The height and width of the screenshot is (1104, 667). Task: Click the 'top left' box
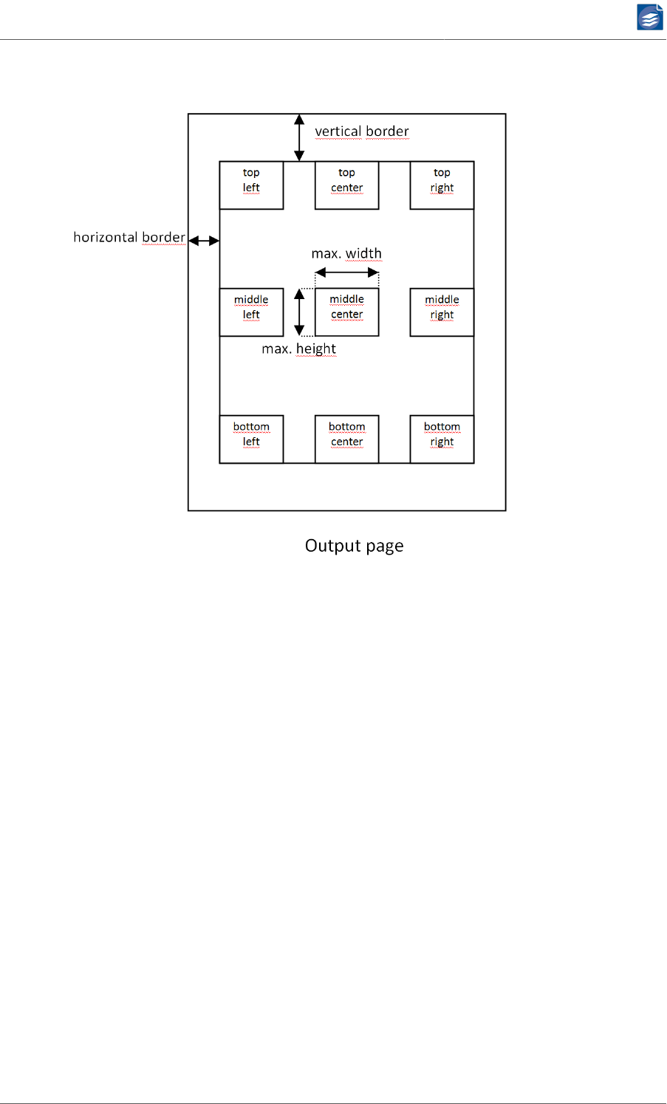pyautogui.click(x=251, y=185)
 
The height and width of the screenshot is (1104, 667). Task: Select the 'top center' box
pyautogui.click(x=346, y=185)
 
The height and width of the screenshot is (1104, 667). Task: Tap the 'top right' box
pyautogui.click(x=442, y=185)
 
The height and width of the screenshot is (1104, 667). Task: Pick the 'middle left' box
pyautogui.click(x=251, y=312)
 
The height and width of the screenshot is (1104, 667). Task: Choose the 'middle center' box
pyautogui.click(x=346, y=312)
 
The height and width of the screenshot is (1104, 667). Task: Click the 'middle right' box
pyautogui.click(x=442, y=312)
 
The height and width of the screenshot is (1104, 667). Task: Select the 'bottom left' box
pyautogui.click(x=251, y=439)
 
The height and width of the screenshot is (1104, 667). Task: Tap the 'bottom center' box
pyautogui.click(x=346, y=439)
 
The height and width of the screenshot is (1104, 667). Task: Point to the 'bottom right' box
pyautogui.click(x=442, y=439)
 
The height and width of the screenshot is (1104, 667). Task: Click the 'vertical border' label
pyautogui.click(x=361, y=131)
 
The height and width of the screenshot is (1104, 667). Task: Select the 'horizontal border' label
pyautogui.click(x=129, y=237)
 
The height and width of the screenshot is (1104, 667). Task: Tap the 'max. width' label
pyautogui.click(x=346, y=253)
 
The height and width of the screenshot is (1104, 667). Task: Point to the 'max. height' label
pyautogui.click(x=298, y=349)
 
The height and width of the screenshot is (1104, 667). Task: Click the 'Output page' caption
pyautogui.click(x=354, y=546)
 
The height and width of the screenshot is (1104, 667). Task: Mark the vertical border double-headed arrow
pyautogui.click(x=299, y=137)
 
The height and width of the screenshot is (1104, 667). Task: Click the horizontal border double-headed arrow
pyautogui.click(x=204, y=241)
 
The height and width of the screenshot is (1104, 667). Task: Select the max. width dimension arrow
pyautogui.click(x=346, y=272)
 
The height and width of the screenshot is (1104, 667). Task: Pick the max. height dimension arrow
pyautogui.click(x=299, y=312)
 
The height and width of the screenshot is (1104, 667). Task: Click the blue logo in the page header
pyautogui.click(x=650, y=17)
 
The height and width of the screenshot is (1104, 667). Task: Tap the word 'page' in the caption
pyautogui.click(x=384, y=546)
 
